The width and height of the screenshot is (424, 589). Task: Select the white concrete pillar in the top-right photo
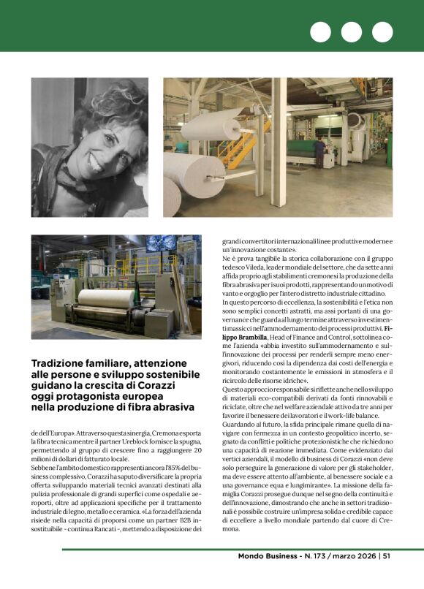(x=278, y=146)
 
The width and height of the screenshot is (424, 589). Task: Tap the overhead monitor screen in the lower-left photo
(x=164, y=243)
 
